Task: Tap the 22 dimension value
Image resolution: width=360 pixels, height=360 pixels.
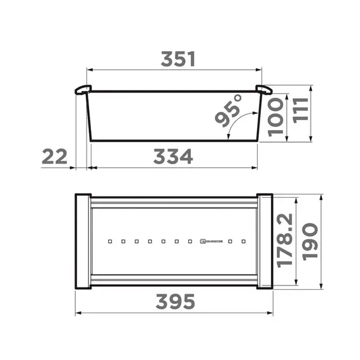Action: point(54,156)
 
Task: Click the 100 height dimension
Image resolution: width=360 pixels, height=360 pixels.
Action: point(277,118)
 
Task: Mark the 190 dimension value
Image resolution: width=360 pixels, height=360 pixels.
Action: point(311,241)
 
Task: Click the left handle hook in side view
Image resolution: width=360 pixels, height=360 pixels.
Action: point(82,89)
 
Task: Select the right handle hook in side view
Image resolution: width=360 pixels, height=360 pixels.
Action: point(263,89)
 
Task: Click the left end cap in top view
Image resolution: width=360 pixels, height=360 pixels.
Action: point(83,241)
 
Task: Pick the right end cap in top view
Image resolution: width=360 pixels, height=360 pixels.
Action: point(265,241)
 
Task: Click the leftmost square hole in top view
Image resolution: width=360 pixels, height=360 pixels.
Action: point(109,241)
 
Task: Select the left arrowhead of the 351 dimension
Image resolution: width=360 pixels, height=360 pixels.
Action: point(88,70)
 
